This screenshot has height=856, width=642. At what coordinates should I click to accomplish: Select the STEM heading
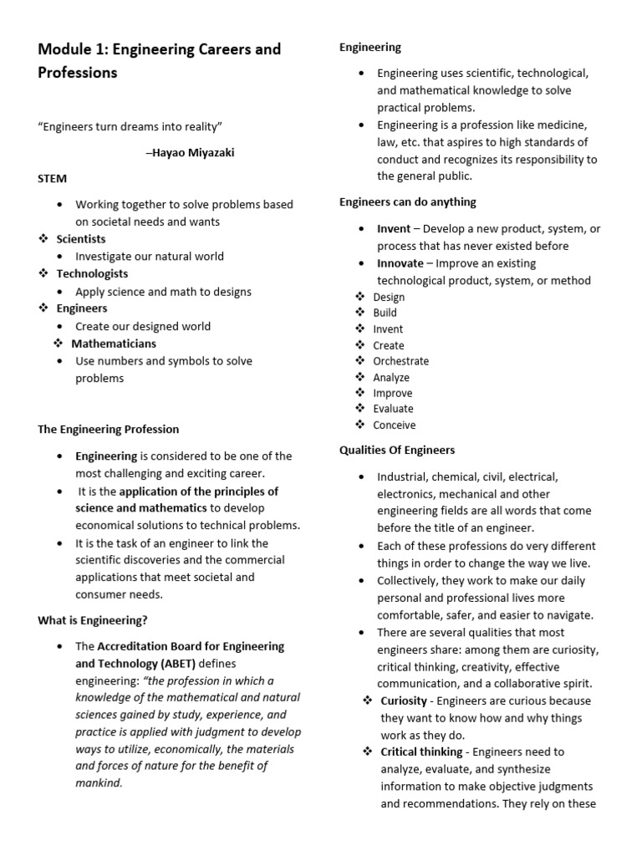click(52, 178)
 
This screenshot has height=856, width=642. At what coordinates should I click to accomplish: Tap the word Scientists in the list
click(80, 239)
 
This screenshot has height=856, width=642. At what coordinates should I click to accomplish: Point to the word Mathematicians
click(114, 344)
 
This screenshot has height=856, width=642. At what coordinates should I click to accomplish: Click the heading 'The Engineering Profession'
click(108, 429)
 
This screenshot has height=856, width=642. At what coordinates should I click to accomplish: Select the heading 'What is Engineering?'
click(92, 620)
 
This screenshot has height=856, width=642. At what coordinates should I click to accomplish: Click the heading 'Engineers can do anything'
click(407, 201)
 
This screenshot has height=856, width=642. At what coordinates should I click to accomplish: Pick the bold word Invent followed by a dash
click(394, 228)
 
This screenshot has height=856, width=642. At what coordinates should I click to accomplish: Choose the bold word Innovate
click(400, 263)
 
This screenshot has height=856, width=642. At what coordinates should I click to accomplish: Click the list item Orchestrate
click(400, 361)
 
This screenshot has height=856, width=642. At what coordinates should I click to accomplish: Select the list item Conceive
click(394, 425)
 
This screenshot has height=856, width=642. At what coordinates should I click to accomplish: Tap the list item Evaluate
click(393, 409)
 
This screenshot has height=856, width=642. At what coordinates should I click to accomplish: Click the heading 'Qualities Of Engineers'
click(396, 450)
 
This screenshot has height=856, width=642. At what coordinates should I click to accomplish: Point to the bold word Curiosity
click(405, 701)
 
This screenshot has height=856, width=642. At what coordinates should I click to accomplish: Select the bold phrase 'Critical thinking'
click(421, 752)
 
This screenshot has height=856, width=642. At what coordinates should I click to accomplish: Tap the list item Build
click(385, 313)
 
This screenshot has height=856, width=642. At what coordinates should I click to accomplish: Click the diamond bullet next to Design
click(359, 297)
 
